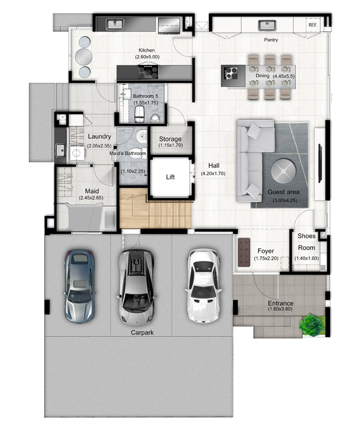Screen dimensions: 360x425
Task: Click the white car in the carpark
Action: pyautogui.click(x=203, y=286)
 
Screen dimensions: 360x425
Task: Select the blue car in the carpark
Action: pyautogui.click(x=79, y=286)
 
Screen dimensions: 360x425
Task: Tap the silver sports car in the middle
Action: pyautogui.click(x=136, y=287)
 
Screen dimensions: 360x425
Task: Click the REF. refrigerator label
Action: pyautogui.click(x=313, y=25)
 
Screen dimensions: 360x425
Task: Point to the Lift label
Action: pyautogui.click(x=170, y=177)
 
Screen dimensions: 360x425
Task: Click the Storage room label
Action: pyautogui.click(x=170, y=139)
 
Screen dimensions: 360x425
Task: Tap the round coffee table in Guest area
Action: pyautogui.click(x=284, y=171)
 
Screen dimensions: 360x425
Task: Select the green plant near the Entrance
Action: pyautogui.click(x=312, y=325)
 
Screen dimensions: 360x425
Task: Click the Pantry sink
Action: pyautogui.click(x=267, y=25)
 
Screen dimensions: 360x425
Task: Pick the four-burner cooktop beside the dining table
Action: pyautogui.click(x=231, y=72)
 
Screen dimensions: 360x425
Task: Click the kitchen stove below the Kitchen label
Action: pyautogui.click(x=148, y=71)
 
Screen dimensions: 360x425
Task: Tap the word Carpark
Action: pyautogui.click(x=142, y=332)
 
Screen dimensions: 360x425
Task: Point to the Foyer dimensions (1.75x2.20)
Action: pyautogui.click(x=266, y=258)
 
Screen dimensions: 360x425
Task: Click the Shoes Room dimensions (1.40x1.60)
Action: pyautogui.click(x=307, y=258)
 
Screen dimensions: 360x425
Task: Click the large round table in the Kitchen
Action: pyautogui.click(x=83, y=57)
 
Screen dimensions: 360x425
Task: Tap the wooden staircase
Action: pyautogui.click(x=155, y=209)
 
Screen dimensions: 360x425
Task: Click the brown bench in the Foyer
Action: pyautogui.click(x=244, y=252)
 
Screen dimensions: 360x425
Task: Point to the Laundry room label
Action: pyautogui.click(x=99, y=136)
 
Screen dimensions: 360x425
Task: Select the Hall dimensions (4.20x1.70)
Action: pyautogui.click(x=213, y=173)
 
